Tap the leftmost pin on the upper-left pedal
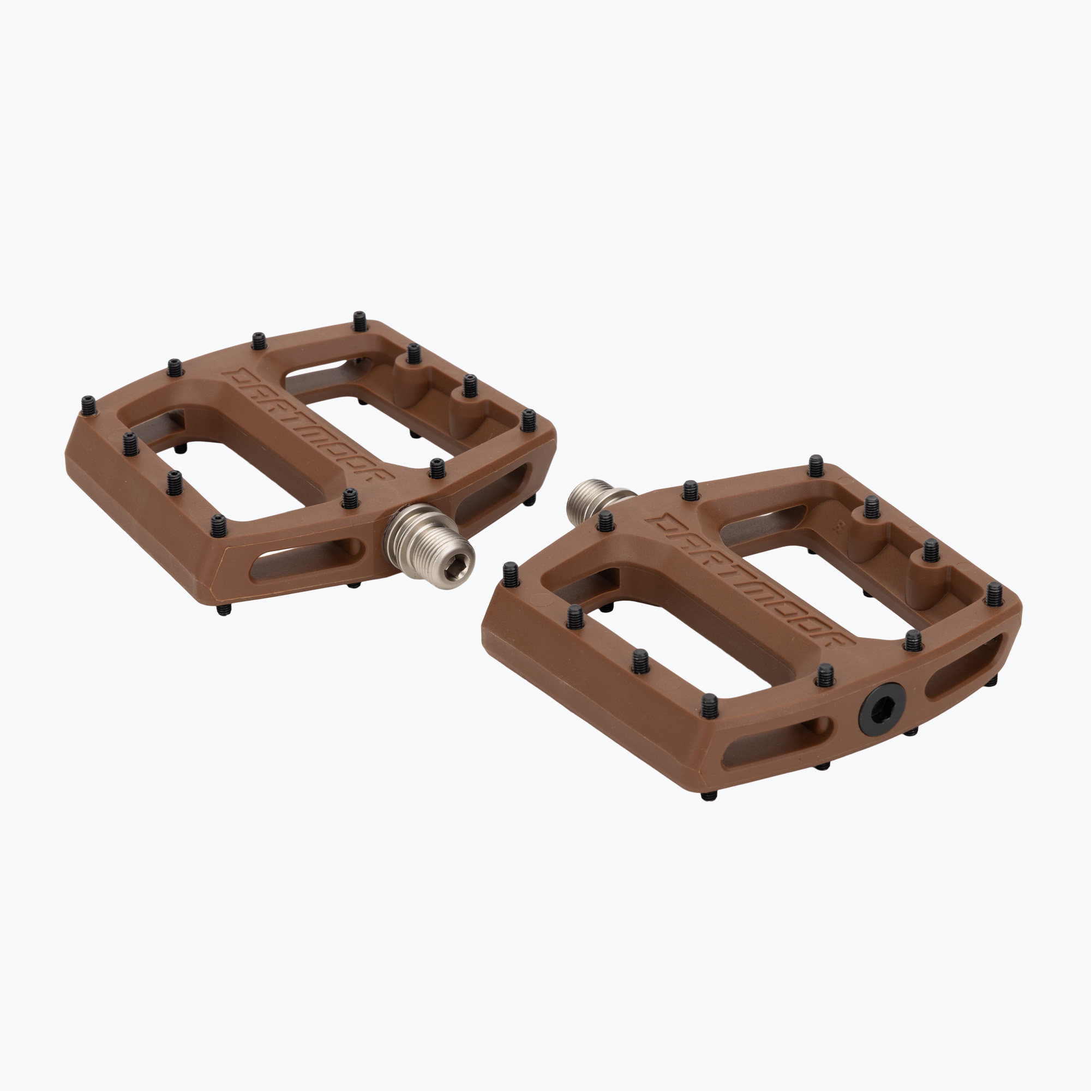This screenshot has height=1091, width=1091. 89,405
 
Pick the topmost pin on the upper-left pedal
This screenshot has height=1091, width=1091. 359,321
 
